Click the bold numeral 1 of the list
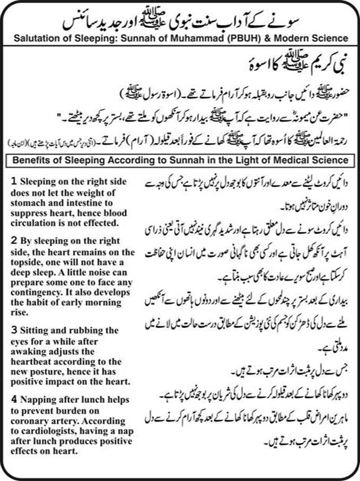(x=13, y=182)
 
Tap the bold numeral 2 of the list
(x=13, y=240)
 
